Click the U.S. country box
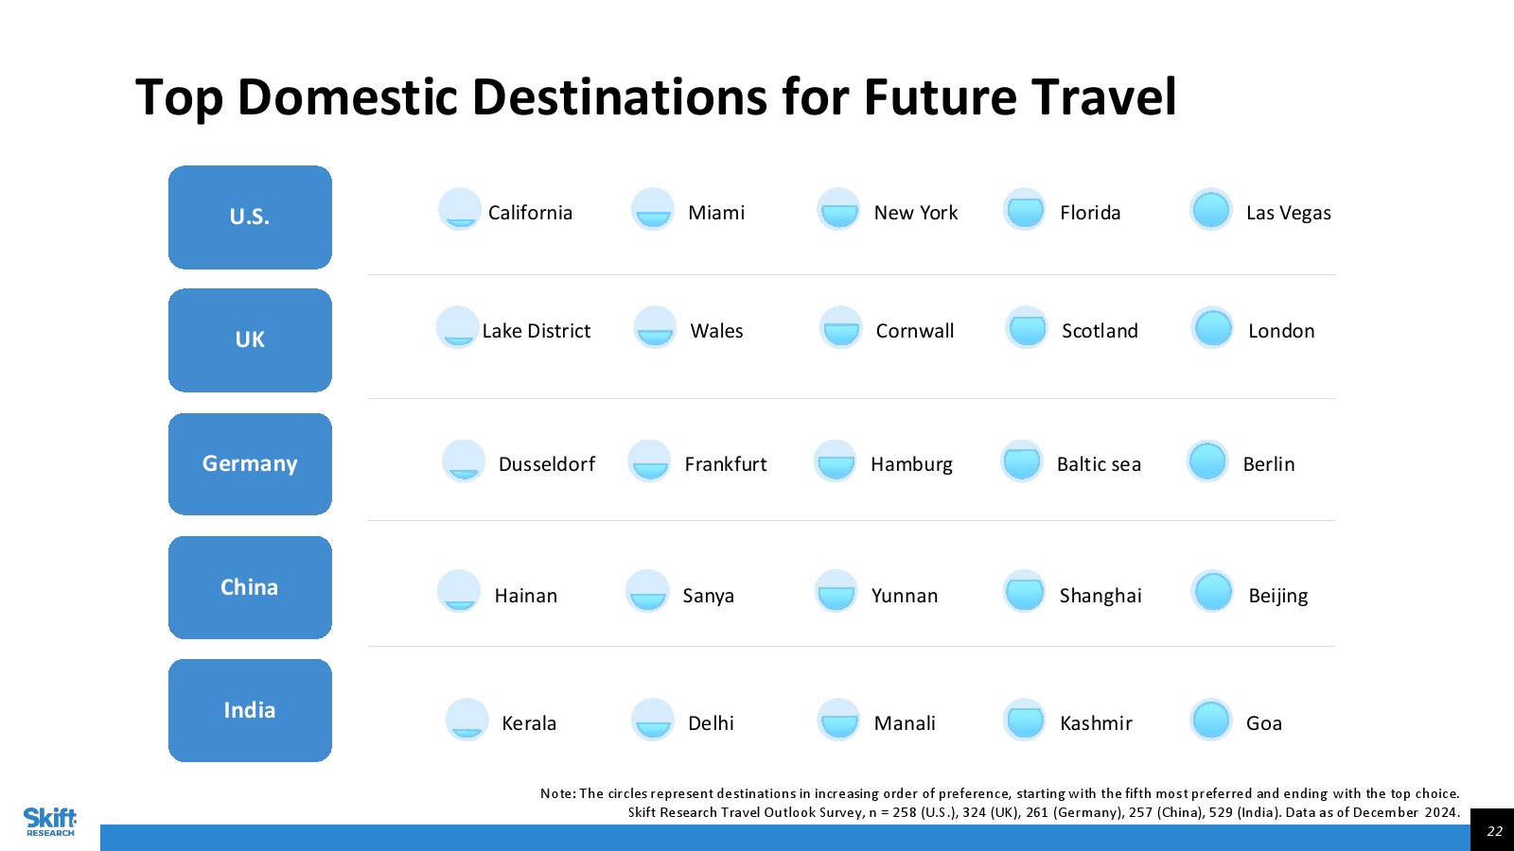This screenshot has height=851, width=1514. click(x=250, y=217)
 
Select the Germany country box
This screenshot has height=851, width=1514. click(x=250, y=464)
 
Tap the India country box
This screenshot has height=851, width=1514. click(x=250, y=710)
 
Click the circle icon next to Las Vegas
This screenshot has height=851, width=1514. click(x=1210, y=209)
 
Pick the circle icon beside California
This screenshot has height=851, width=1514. click(x=460, y=209)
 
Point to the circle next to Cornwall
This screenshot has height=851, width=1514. click(x=841, y=327)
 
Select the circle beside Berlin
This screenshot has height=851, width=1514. click(x=1207, y=461)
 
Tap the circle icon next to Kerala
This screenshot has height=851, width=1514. click(x=467, y=720)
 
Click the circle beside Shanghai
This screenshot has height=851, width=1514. click(x=1024, y=591)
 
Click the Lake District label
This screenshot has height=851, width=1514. click(x=536, y=331)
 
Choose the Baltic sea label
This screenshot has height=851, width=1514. click(x=1099, y=464)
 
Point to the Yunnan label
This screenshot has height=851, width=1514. click(x=905, y=596)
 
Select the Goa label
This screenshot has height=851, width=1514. click(x=1264, y=723)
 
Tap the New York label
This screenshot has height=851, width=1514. click(x=916, y=213)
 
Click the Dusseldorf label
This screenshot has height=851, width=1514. click(x=547, y=464)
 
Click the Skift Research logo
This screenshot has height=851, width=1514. click(x=51, y=822)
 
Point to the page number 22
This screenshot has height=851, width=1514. click(x=1494, y=831)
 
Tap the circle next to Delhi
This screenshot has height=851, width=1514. click(x=653, y=720)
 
